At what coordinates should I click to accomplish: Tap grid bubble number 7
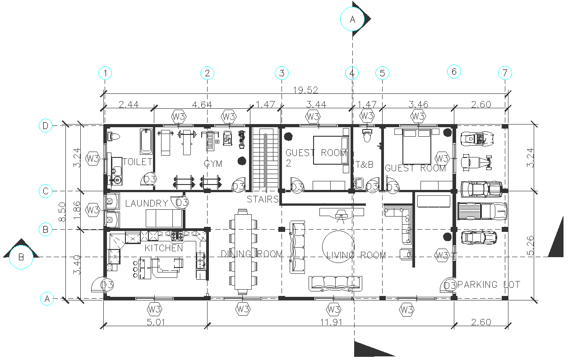[x=505, y=73]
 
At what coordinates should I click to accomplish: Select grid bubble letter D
[x=45, y=126]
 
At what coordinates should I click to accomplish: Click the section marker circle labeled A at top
[x=353, y=19]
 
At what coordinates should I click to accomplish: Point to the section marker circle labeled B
[x=21, y=257]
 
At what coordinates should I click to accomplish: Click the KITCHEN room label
[x=164, y=248]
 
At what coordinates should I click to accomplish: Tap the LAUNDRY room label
[x=146, y=203]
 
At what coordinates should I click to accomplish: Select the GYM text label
[x=213, y=164]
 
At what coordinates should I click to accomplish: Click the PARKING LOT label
[x=488, y=285]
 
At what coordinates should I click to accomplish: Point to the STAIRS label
[x=262, y=199]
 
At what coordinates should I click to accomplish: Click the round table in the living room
[x=338, y=246]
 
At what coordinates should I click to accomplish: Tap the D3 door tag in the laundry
[x=182, y=203]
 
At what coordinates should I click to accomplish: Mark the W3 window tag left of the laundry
[x=93, y=210]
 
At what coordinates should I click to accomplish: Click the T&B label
[x=365, y=165]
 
